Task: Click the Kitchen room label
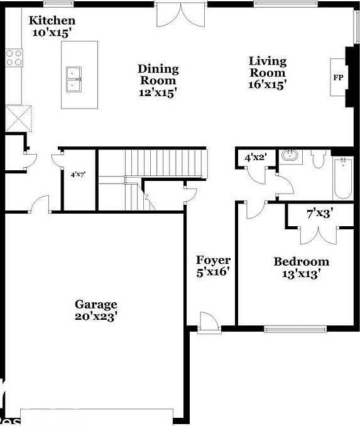point(52,21)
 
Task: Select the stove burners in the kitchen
point(14,58)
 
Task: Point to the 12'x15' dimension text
point(158,92)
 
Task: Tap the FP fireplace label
point(338,77)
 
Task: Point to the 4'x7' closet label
point(78,174)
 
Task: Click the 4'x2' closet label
point(255,158)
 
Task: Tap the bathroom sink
point(290,155)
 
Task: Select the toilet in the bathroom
point(317,160)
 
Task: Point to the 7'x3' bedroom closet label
point(319,213)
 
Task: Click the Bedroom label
point(301,261)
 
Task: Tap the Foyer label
point(213,260)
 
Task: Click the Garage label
point(95,304)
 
